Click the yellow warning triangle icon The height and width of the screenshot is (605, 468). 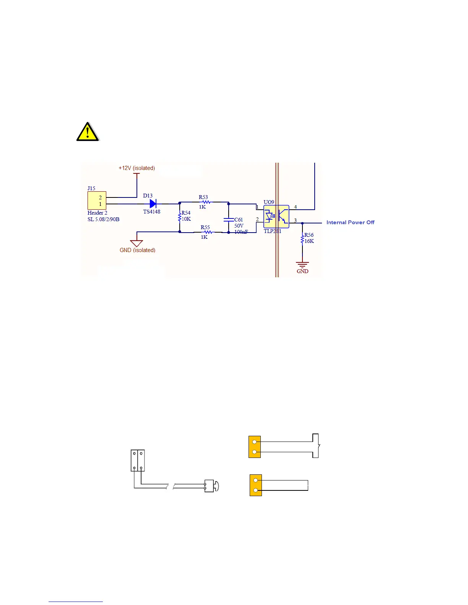click(88, 132)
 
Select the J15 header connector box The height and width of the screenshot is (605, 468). click(97, 201)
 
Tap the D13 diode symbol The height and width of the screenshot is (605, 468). click(153, 204)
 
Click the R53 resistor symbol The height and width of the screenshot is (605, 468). click(205, 202)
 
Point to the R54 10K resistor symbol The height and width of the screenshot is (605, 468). click(180, 217)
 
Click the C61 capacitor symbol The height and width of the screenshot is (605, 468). click(229, 220)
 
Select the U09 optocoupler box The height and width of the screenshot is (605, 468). click(276, 217)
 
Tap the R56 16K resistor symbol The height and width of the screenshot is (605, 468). click(302, 239)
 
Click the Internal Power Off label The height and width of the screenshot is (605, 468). click(350, 222)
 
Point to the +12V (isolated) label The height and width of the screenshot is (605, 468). click(136, 168)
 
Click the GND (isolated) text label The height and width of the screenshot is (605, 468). click(138, 250)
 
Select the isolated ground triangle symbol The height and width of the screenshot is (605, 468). click(136, 243)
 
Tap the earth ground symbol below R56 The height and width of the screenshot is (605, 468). click(302, 264)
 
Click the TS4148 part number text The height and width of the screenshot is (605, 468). click(152, 212)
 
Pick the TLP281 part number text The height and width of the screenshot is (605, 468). click(272, 231)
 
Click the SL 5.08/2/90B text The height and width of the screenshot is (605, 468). click(103, 219)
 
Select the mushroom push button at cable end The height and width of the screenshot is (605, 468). click(211, 486)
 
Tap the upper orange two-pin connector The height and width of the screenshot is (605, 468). click(255, 446)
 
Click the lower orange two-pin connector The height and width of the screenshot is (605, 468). click(256, 485)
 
